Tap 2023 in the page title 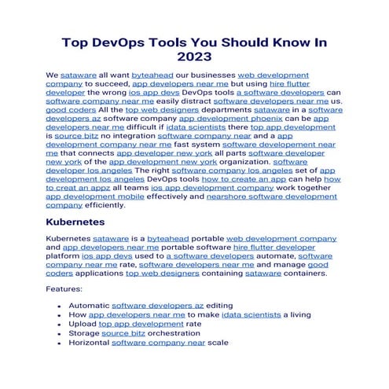tap(194, 58)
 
